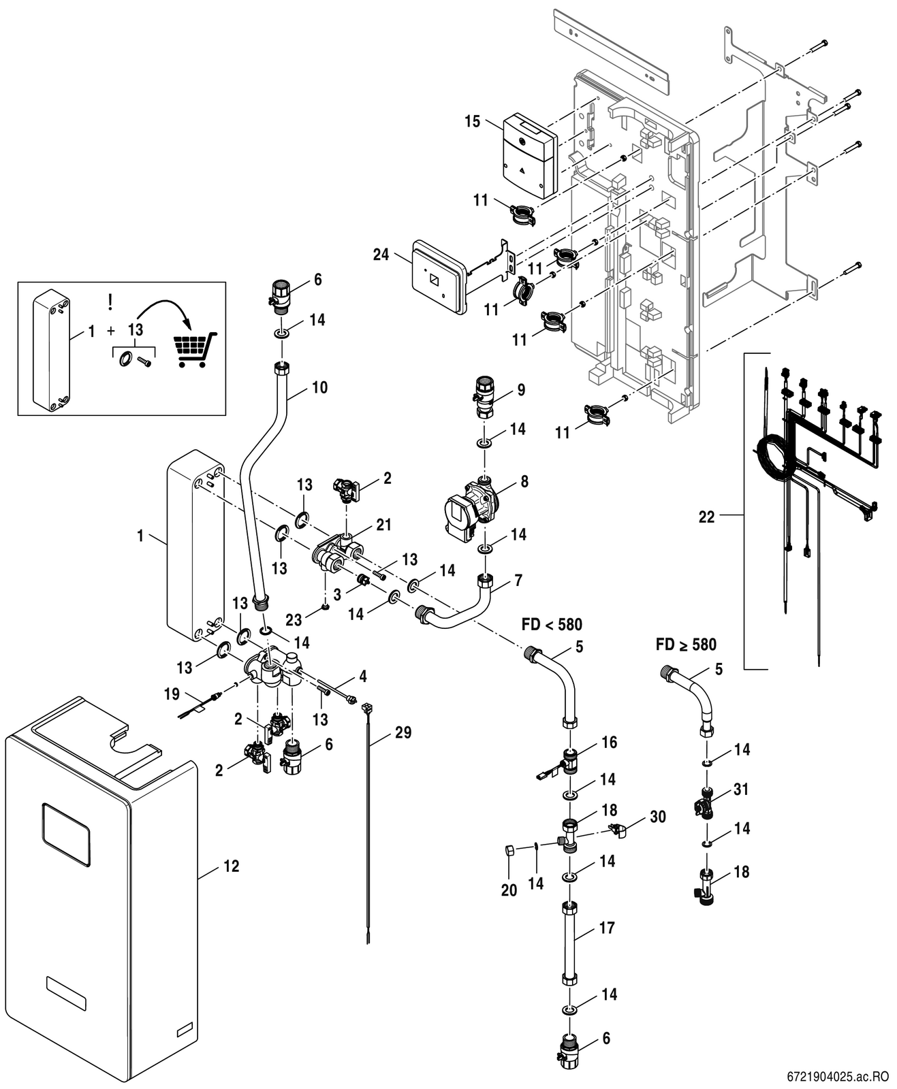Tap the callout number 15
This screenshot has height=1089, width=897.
(473, 122)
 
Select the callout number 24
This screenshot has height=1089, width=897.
(381, 254)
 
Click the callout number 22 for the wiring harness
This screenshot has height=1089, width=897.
(707, 517)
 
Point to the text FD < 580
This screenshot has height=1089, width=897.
(552, 624)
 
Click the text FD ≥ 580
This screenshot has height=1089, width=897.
(686, 644)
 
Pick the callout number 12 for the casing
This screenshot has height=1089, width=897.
(232, 866)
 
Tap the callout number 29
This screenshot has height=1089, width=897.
(403, 732)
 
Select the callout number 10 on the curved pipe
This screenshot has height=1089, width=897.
(319, 387)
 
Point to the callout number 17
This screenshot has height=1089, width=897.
(606, 928)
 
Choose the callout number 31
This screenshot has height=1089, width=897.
(741, 789)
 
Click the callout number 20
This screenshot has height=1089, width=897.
(509, 890)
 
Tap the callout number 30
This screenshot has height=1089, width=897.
(657, 816)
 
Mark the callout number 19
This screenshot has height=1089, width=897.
(172, 694)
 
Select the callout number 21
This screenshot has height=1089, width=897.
(384, 524)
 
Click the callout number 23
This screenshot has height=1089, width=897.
(294, 619)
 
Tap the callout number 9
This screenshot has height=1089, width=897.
(521, 390)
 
